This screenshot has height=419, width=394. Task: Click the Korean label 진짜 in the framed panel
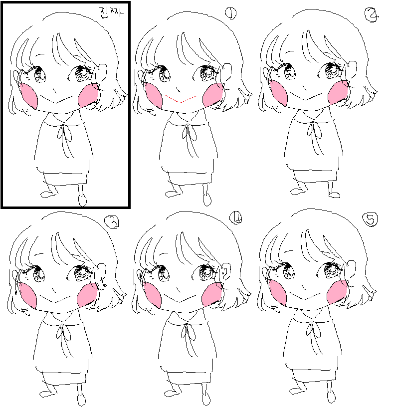point(111,12)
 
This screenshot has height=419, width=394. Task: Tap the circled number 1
point(231,13)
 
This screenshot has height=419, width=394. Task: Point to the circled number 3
point(112,222)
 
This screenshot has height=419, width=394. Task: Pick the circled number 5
point(370,219)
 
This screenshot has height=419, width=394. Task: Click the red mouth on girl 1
point(181,99)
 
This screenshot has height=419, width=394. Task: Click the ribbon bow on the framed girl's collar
point(64,133)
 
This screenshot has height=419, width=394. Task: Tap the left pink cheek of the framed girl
point(28,96)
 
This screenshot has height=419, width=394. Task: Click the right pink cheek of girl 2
point(339,92)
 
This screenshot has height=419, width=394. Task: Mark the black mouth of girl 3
point(55,299)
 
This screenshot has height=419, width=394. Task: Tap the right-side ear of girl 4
point(226,271)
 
